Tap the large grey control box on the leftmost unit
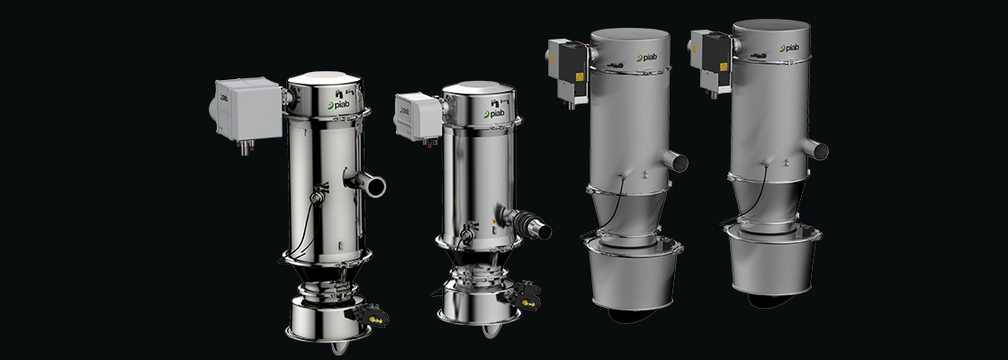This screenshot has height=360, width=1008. click(249, 109)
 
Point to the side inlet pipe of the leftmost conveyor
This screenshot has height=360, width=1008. click(367, 184)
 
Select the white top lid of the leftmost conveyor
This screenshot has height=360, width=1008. click(324, 78)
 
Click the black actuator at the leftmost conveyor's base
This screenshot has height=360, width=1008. click(368, 315)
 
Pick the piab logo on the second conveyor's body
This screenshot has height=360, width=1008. click(494, 113)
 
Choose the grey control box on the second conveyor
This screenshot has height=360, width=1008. click(418, 116)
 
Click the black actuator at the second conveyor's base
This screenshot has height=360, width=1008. click(523, 296)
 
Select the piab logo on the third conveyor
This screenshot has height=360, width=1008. click(647, 58)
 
